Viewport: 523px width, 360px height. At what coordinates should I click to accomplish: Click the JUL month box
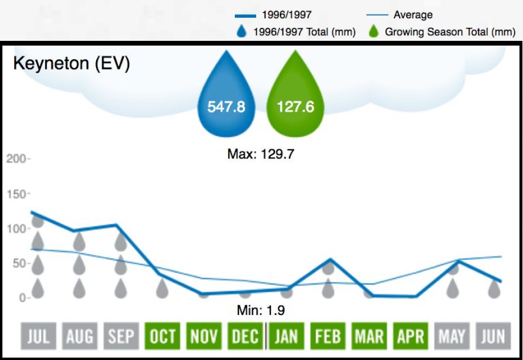click(x=37, y=336)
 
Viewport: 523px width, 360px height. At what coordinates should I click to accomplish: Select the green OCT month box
click(x=162, y=336)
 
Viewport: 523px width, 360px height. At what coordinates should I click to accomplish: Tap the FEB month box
click(x=328, y=336)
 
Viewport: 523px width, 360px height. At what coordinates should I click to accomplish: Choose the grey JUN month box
click(x=494, y=336)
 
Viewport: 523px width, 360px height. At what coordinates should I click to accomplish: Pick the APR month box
click(x=411, y=336)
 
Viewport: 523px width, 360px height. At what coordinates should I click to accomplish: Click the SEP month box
click(x=121, y=336)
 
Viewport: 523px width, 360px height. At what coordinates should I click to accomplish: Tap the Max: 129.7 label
click(x=260, y=154)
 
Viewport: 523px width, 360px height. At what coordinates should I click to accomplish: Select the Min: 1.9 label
click(x=261, y=311)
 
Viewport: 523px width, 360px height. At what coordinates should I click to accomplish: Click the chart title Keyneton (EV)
click(x=72, y=64)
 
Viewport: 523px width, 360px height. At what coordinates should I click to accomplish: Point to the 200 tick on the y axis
click(x=15, y=159)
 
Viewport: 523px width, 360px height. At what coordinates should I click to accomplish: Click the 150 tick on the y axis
click(x=15, y=194)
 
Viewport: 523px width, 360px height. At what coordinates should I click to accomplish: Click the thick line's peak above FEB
click(x=330, y=259)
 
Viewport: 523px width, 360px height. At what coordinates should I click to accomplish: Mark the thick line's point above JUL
click(x=32, y=212)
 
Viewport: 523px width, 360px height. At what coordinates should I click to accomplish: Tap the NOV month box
click(x=204, y=336)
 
